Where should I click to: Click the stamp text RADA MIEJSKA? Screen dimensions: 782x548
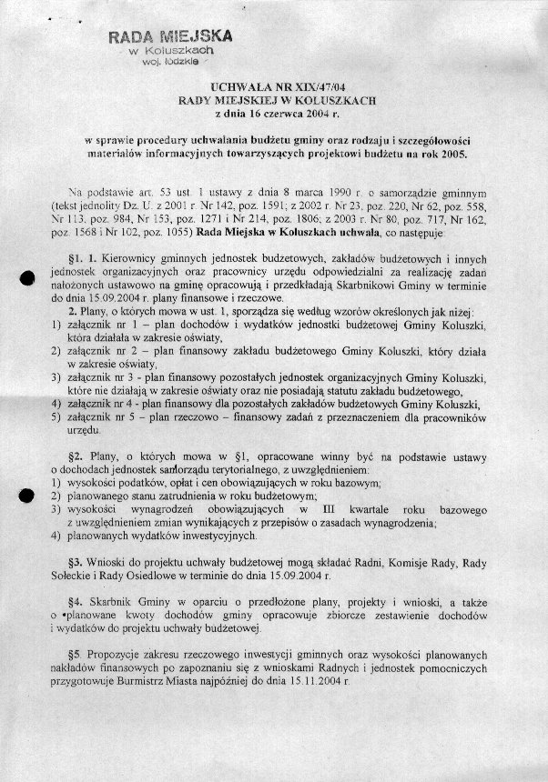(170, 37)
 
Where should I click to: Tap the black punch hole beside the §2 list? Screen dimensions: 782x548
(26, 494)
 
